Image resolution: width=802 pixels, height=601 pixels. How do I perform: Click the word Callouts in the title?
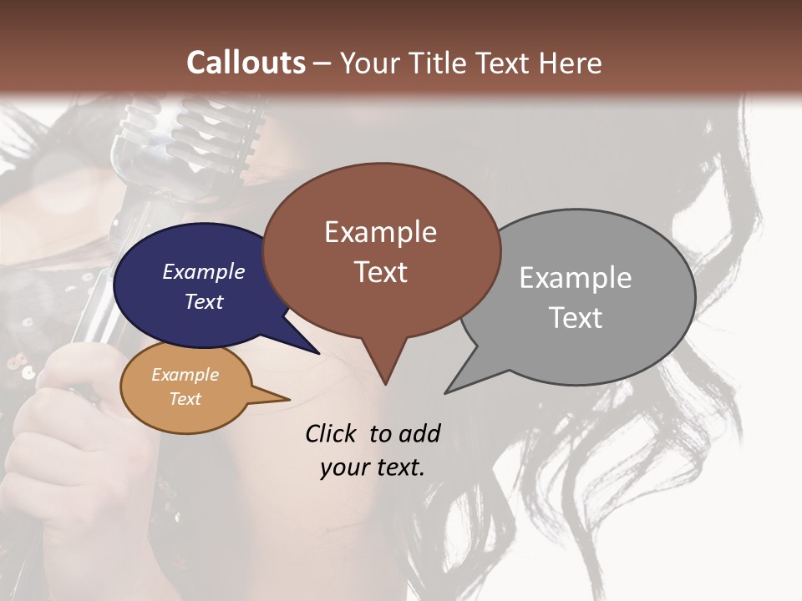coord(246,63)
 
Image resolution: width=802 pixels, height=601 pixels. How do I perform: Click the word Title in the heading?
coord(439,63)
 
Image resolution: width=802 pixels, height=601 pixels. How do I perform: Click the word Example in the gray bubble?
coord(575,278)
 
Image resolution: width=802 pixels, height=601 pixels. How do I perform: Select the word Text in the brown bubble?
coord(381,272)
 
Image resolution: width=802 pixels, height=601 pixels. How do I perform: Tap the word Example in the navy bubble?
coord(203,271)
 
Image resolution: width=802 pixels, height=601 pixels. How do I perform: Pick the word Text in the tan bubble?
coord(185,399)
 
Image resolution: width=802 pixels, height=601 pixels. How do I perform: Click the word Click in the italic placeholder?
coord(331,433)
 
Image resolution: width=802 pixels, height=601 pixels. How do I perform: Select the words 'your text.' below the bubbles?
coord(372,467)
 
